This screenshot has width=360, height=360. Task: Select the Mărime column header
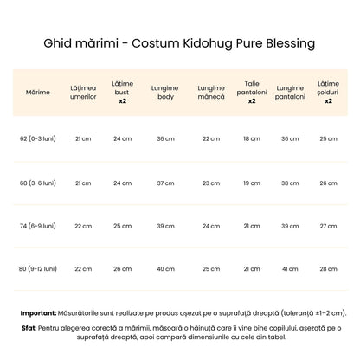click(x=38, y=91)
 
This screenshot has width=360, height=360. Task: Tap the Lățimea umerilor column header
click(x=83, y=91)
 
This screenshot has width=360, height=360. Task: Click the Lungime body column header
click(x=164, y=91)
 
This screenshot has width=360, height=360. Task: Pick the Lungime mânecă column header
click(x=211, y=91)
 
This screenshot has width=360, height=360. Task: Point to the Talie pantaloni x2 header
click(x=252, y=91)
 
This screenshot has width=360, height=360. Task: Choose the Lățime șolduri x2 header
click(x=328, y=91)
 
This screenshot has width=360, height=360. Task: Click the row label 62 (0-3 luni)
click(x=38, y=138)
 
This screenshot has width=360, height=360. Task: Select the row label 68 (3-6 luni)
click(x=38, y=183)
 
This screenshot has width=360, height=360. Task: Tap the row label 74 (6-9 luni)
click(x=38, y=226)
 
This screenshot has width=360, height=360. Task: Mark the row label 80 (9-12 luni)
click(x=38, y=269)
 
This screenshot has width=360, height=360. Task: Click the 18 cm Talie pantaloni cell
click(x=252, y=138)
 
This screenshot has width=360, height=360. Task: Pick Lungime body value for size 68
click(x=164, y=183)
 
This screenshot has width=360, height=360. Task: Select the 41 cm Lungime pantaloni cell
click(x=290, y=269)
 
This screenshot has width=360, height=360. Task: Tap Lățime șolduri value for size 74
click(x=328, y=226)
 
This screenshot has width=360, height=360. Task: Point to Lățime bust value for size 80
click(x=123, y=269)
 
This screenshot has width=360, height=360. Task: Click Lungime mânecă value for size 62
click(x=211, y=138)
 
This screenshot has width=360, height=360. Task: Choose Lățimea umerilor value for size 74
click(x=83, y=226)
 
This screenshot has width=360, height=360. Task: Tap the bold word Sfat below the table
click(x=29, y=329)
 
